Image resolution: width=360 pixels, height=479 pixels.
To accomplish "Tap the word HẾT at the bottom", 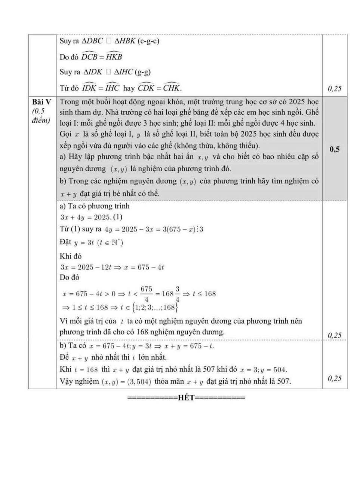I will tap(187, 397).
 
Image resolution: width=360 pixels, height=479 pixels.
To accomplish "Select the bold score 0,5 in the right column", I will tap(335, 149).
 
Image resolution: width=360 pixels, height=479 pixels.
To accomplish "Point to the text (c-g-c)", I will tap(148, 41).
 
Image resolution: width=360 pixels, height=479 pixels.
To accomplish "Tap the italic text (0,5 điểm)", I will tap(41, 116).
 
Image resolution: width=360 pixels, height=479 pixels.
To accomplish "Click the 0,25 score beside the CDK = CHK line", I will tap(334, 89).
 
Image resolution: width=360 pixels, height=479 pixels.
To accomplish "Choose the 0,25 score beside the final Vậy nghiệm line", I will tap(334, 379).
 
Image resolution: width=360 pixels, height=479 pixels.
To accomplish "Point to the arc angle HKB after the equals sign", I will tap(114, 57).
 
